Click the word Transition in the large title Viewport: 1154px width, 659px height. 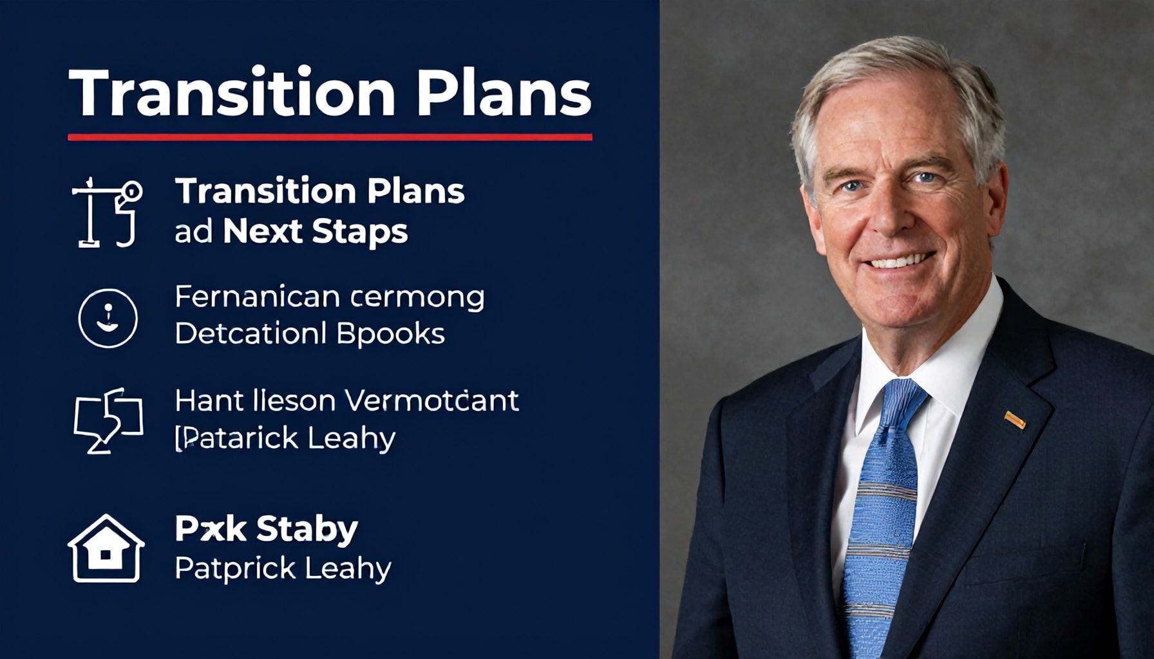tap(232, 93)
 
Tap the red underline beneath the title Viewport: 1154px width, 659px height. tap(330, 136)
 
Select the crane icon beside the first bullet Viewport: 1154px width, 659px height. tap(107, 212)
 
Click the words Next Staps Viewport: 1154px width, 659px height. tap(315, 232)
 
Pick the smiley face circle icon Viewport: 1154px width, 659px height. tap(108, 318)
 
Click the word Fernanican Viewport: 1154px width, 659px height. tap(257, 297)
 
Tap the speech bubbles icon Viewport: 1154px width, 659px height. tap(108, 420)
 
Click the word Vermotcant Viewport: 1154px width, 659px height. tap(433, 401)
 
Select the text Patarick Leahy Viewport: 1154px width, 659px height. tap(285, 439)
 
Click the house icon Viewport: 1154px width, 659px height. tap(106, 548)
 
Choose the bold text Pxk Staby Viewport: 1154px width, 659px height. tap(266, 530)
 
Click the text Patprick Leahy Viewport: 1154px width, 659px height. tap(283, 569)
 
